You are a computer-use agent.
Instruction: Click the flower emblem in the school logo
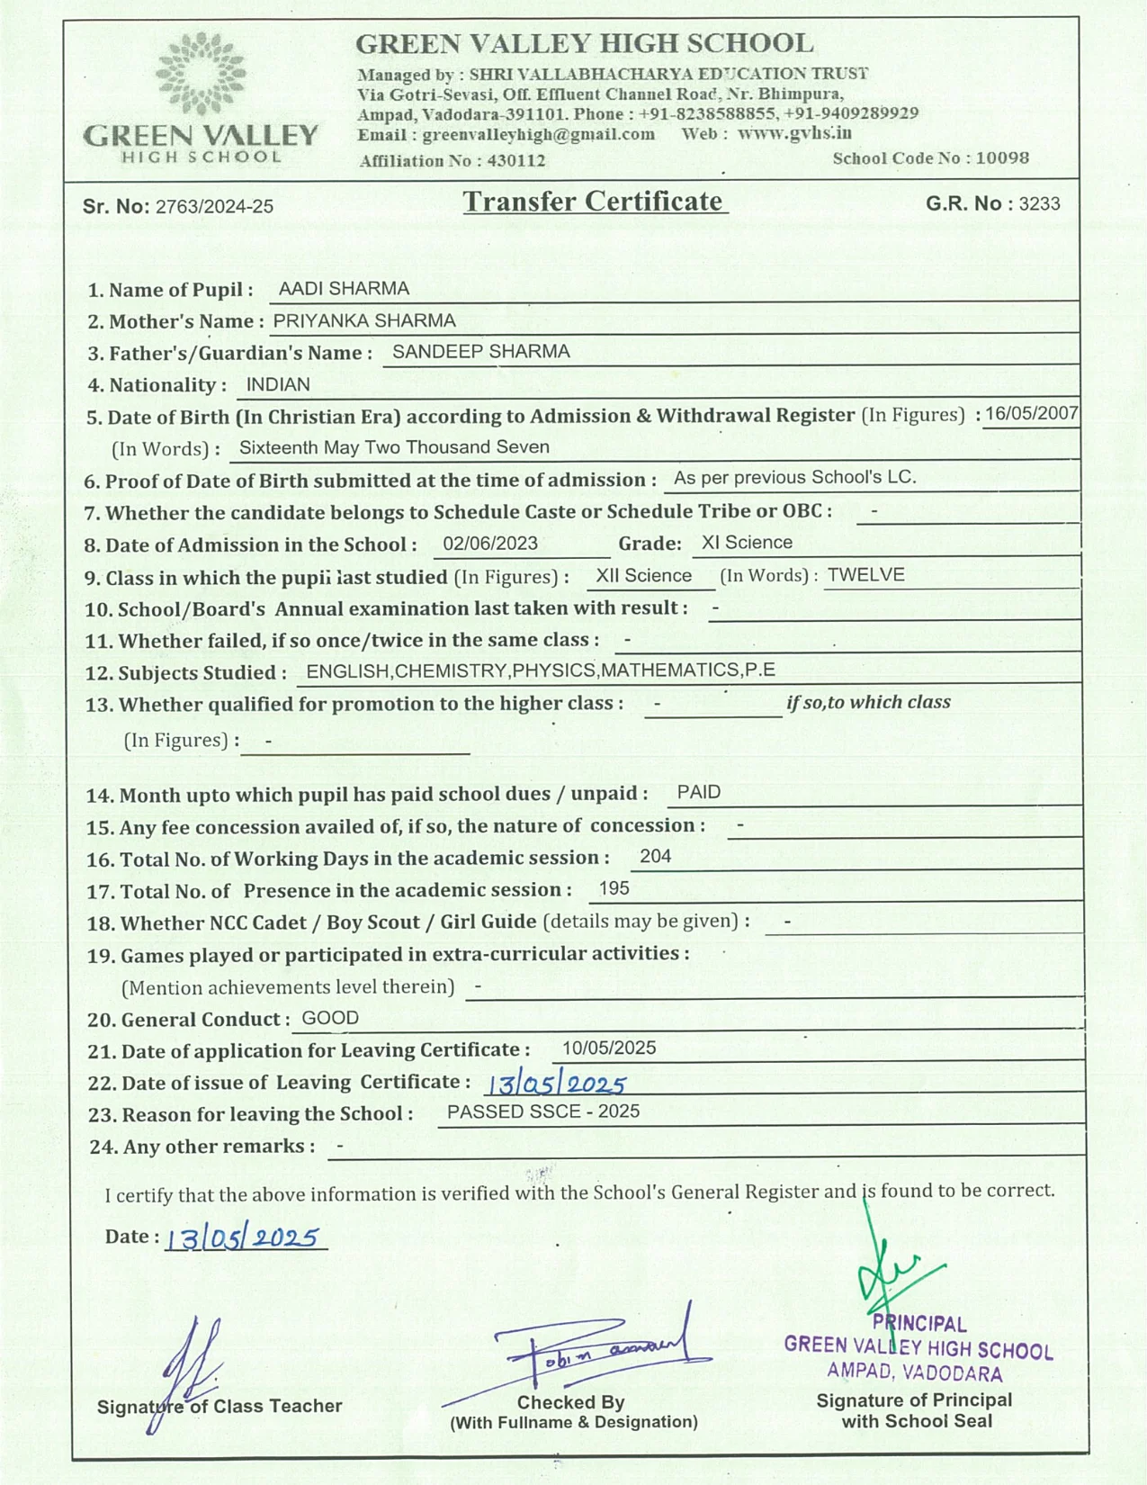200,74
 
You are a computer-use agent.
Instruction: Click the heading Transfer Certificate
594,202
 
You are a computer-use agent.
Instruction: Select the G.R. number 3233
1039,204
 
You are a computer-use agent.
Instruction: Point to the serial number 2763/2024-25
214,207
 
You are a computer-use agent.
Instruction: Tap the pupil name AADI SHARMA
344,289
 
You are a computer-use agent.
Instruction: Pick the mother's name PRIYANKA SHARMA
364,321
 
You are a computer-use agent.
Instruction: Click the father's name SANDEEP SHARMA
480,352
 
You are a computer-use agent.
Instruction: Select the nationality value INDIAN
278,385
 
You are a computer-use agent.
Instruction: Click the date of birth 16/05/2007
1031,414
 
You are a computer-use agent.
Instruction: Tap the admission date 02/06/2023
490,544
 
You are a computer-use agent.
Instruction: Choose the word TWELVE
865,575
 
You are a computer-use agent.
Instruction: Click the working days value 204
655,857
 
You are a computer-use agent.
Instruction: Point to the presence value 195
614,889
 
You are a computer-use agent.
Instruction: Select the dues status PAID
698,793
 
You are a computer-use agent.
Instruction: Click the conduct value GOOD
330,1019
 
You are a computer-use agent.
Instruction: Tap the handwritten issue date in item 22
555,1084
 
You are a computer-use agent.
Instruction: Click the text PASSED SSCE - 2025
543,1112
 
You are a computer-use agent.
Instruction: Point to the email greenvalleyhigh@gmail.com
538,135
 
